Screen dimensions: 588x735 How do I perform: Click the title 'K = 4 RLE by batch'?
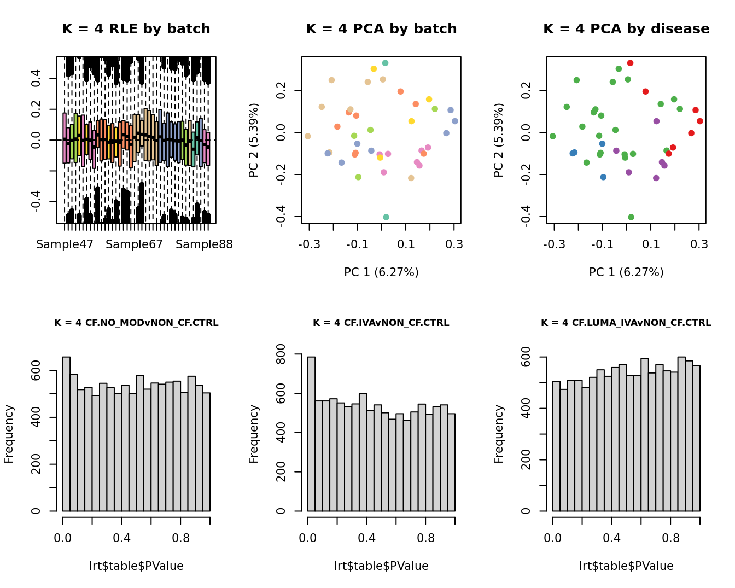click(136, 29)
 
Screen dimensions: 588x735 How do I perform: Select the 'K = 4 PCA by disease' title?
click(626, 29)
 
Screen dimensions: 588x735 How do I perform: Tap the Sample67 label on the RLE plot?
click(134, 244)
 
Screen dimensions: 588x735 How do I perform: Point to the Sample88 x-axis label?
click(204, 244)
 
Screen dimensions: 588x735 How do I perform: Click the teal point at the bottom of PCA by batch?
click(386, 217)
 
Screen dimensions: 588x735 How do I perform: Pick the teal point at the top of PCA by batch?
click(385, 63)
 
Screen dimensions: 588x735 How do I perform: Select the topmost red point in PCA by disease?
click(630, 63)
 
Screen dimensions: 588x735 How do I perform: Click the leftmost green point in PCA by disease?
click(552, 136)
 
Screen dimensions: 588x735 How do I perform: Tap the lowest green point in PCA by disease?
click(631, 217)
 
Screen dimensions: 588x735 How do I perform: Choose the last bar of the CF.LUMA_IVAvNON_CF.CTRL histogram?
click(696, 438)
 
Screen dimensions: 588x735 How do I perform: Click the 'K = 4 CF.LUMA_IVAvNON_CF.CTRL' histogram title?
click(626, 323)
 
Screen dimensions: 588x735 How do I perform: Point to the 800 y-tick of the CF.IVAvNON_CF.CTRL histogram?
click(281, 354)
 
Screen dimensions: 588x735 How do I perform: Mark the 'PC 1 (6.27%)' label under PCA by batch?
click(381, 272)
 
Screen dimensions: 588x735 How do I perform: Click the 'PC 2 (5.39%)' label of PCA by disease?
click(499, 140)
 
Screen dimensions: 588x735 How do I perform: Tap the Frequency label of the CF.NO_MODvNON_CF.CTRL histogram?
click(9, 434)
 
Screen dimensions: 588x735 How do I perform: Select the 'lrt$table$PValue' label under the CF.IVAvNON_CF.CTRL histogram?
click(381, 566)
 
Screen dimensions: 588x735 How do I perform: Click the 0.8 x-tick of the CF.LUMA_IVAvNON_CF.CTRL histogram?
click(670, 538)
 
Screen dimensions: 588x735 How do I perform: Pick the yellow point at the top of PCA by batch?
click(374, 69)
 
